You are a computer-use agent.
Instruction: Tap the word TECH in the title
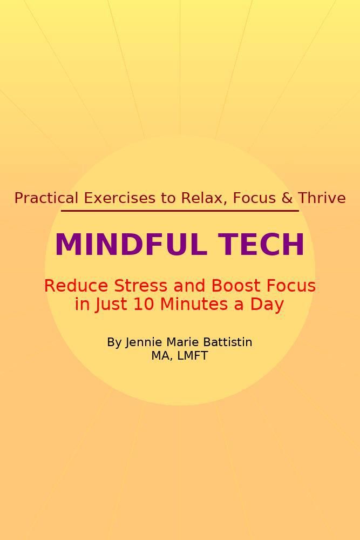[x=262, y=245]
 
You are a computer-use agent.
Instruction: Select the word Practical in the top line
[x=47, y=198]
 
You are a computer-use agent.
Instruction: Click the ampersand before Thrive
[x=287, y=198]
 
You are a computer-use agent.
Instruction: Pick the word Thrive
[x=322, y=198]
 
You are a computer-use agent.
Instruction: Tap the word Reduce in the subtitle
[x=71, y=286]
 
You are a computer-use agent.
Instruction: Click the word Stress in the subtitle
[x=128, y=286]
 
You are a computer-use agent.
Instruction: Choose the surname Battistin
[x=227, y=342]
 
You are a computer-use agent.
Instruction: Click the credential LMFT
[x=192, y=356]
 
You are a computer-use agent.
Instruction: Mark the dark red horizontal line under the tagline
[x=180, y=211]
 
